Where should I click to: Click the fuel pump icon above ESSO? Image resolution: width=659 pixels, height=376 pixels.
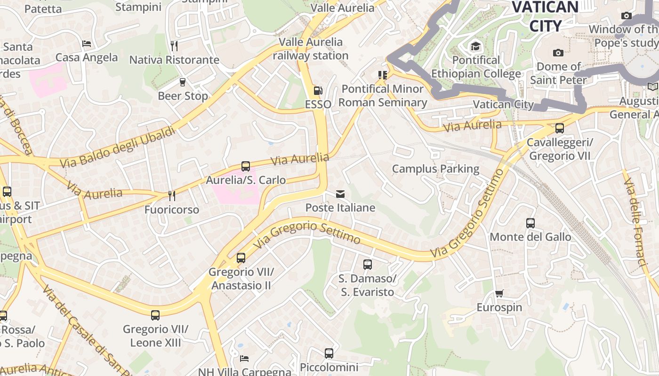coord(318,90)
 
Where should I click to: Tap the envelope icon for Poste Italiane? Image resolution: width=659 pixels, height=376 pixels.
coord(340,194)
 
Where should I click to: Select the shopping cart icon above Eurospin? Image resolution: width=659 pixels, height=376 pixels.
coord(499,294)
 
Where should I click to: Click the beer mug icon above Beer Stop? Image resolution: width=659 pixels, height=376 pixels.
coord(183,82)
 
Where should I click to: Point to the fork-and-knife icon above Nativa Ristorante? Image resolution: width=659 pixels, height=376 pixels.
coord(174,46)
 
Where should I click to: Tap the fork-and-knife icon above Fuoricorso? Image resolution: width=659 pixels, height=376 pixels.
coord(172,196)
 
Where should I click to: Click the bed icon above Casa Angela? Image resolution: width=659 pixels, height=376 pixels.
coord(87,44)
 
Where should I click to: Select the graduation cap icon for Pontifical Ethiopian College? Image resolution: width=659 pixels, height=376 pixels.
coord(475,46)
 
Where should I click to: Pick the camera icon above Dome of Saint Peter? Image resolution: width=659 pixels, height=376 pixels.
coord(558,53)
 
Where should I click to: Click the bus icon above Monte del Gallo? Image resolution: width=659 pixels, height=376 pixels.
coord(530,223)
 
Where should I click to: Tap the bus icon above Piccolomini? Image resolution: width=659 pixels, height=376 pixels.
coord(329,353)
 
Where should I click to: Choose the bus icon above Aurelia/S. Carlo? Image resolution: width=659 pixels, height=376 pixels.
coord(246,166)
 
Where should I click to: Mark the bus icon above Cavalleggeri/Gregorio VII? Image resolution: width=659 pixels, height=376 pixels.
coord(560,128)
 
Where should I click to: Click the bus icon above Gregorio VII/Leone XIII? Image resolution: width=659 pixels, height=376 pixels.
coord(155,315)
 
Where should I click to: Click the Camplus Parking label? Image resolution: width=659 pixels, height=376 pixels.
coord(435,169)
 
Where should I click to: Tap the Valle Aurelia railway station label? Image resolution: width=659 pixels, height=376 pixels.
coord(311,48)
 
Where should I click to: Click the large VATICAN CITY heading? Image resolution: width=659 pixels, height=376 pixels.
coord(545,16)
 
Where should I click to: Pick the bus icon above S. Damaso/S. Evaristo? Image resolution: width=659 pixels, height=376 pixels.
coord(368,265)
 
